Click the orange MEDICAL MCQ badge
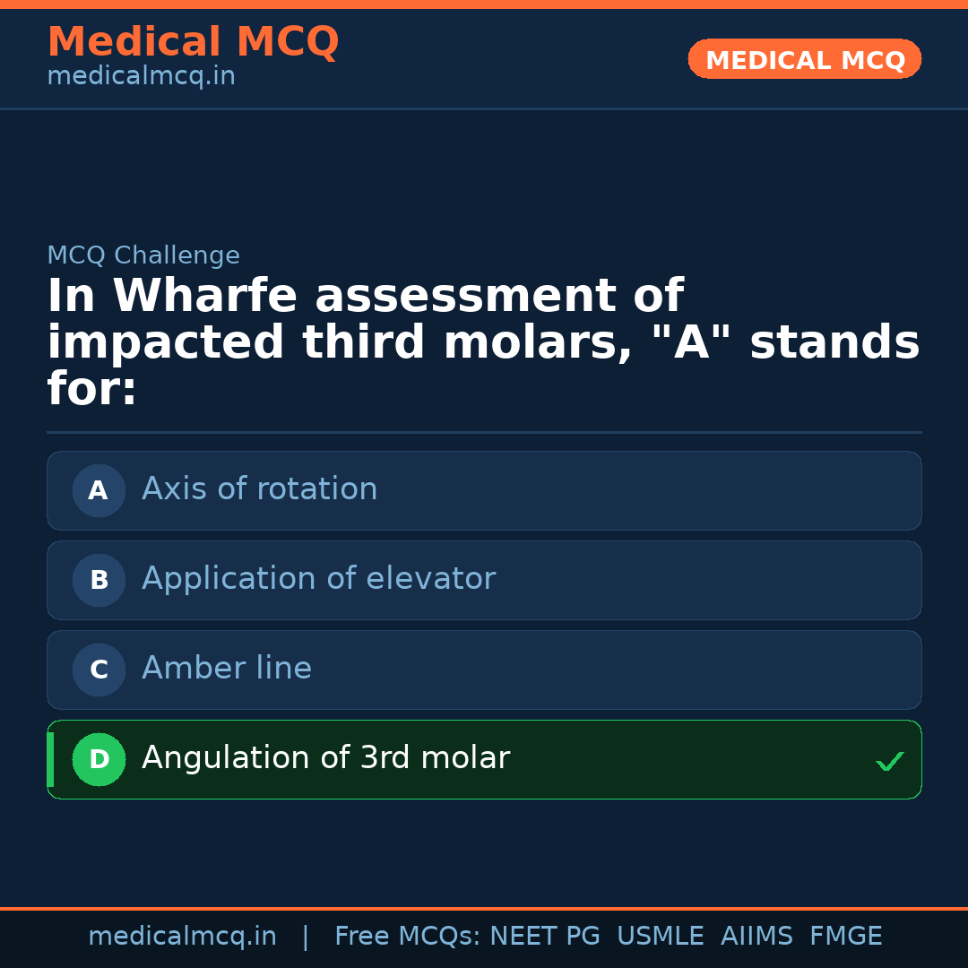pyautogui.click(x=805, y=59)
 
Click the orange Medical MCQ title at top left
pyautogui.click(x=193, y=42)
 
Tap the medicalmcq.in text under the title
pyautogui.click(x=141, y=76)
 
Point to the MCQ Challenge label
pyautogui.click(x=143, y=255)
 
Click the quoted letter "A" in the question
pyautogui.click(x=691, y=343)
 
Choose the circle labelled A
pyautogui.click(x=99, y=490)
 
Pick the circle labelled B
pyautogui.click(x=99, y=580)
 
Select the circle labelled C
pyautogui.click(x=99, y=670)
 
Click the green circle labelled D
pyautogui.click(x=99, y=759)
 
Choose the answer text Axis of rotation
pyautogui.click(x=260, y=489)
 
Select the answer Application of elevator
pyautogui.click(x=318, y=579)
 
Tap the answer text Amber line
pyautogui.click(x=227, y=669)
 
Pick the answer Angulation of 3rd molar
pyautogui.click(x=325, y=758)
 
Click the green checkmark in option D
pyautogui.click(x=889, y=761)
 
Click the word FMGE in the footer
pyautogui.click(x=845, y=937)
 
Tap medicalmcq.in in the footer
pyautogui.click(x=182, y=937)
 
